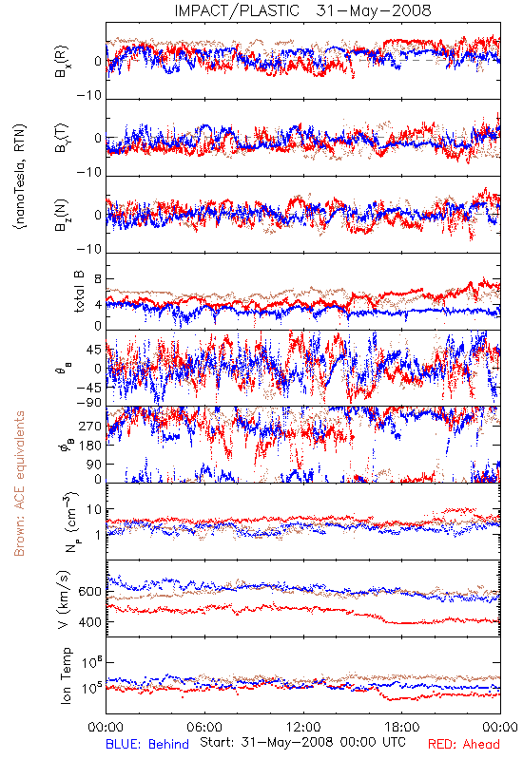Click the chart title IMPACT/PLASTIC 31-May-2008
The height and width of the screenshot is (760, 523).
[302, 10]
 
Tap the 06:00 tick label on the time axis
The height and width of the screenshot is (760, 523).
[204, 727]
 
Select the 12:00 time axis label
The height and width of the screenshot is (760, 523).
[303, 727]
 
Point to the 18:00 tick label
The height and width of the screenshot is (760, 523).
[402, 727]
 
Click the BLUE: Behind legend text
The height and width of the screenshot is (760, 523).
[147, 744]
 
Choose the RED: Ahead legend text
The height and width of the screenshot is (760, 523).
[463, 744]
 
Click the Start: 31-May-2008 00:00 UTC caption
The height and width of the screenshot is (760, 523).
[302, 742]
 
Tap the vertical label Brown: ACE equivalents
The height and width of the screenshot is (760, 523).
[19, 484]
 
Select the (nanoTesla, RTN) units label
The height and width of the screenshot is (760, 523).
[20, 177]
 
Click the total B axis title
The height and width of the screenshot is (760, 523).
[79, 292]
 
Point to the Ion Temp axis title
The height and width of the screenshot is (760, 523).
[66, 675]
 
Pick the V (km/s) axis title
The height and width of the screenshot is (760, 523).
[65, 599]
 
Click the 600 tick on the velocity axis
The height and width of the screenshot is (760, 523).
[90, 592]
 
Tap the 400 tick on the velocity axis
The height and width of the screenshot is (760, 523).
[90, 622]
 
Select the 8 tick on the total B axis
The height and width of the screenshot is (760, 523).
[98, 279]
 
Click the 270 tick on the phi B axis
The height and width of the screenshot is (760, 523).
[90, 427]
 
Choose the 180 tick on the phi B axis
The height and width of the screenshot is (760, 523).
[90, 446]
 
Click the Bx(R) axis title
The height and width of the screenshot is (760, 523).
[62, 62]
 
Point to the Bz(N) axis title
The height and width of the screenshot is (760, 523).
[62, 215]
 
